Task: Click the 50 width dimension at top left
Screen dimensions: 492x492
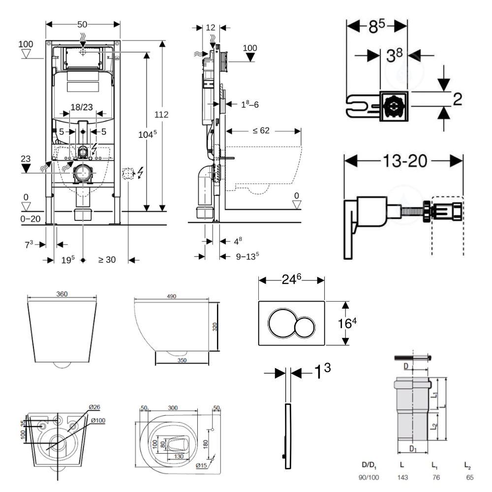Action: click(x=83, y=24)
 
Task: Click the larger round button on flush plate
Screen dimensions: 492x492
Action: click(x=283, y=324)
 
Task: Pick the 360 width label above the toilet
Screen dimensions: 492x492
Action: click(x=62, y=294)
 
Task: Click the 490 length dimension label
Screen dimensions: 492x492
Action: click(x=172, y=296)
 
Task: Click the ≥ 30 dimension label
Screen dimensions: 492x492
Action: click(x=107, y=260)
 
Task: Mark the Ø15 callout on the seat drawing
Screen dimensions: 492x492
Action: click(x=202, y=465)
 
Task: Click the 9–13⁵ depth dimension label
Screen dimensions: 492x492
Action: click(x=247, y=256)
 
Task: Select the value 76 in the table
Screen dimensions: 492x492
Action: click(x=436, y=478)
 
